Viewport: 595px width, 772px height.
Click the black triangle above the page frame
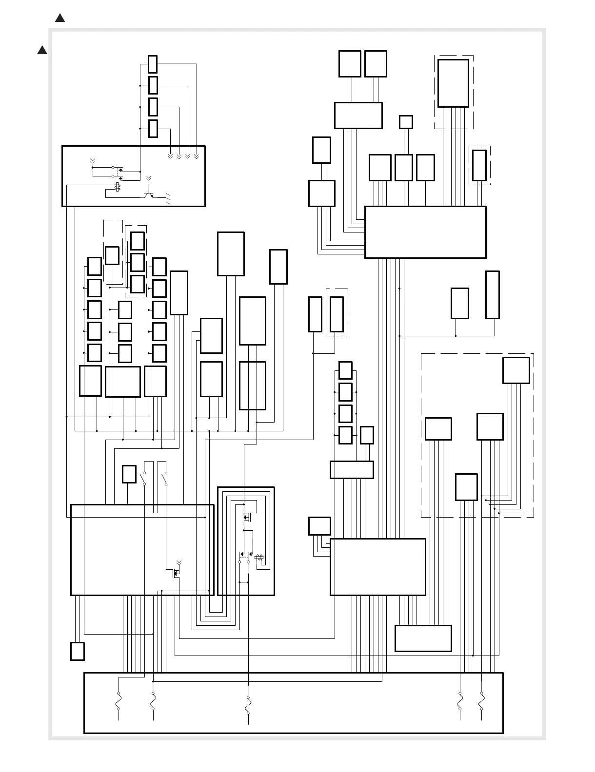[60, 19]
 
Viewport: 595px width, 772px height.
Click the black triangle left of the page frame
[42, 50]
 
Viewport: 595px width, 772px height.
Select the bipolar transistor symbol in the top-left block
[148, 194]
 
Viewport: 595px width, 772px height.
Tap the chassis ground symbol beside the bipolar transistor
[169, 198]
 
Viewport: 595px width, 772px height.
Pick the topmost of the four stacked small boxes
[153, 64]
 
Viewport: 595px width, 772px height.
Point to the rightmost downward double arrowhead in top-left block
[196, 156]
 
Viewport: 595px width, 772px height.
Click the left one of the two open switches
[144, 478]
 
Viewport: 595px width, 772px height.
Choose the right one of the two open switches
[166, 478]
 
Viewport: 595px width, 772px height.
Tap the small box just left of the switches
[129, 474]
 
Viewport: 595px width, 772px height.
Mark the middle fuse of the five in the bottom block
[248, 703]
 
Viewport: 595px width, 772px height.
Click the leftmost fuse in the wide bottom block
[119, 703]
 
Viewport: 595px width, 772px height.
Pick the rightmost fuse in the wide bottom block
[482, 703]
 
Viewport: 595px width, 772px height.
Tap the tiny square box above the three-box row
[406, 122]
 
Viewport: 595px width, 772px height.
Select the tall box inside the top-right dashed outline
[453, 83]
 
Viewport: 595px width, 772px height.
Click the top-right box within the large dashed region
[516, 370]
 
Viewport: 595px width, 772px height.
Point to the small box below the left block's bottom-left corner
[77, 651]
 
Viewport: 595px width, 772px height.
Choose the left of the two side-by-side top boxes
[350, 64]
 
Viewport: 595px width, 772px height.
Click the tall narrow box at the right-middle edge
[493, 295]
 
